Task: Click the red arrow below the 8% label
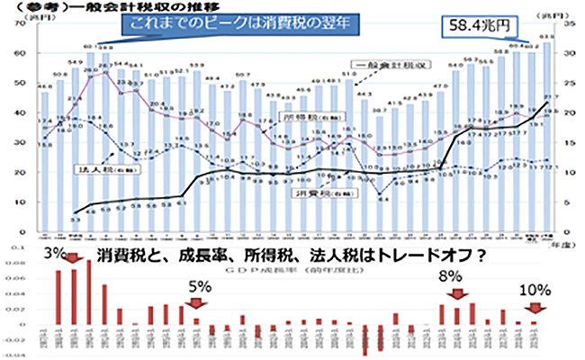pos(457,294)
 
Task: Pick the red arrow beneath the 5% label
pos(197,306)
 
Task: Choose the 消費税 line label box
pos(309,191)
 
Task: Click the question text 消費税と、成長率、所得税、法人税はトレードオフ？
pos(292,253)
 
